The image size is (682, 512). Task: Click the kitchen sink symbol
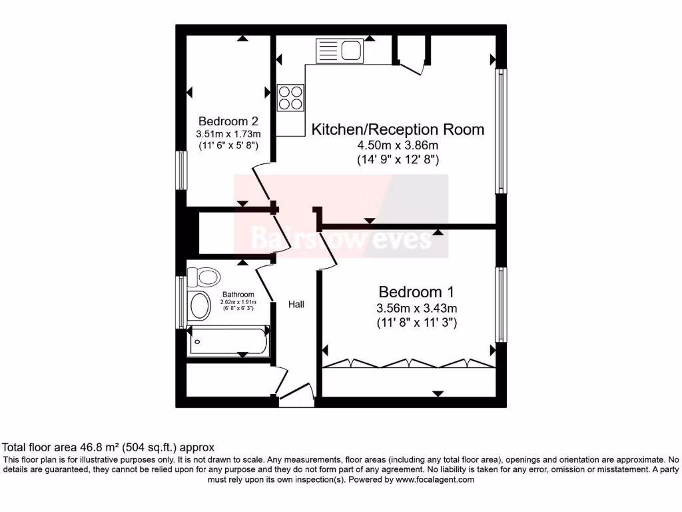[x=338, y=50]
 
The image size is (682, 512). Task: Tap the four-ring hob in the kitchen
[x=290, y=98]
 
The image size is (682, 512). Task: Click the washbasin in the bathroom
[x=200, y=306]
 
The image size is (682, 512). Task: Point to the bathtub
[x=228, y=341]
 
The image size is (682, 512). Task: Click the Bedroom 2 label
[x=228, y=121]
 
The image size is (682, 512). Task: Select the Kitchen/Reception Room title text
[x=398, y=129]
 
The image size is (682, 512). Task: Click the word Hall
[x=296, y=305]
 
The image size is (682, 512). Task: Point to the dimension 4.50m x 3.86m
[x=398, y=146]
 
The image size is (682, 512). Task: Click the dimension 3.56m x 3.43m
[x=416, y=308]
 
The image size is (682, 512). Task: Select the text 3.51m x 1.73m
[x=228, y=134]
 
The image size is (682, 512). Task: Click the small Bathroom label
[x=238, y=295]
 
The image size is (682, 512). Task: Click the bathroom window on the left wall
[x=180, y=302]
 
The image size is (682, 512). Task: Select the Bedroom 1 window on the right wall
[x=500, y=304]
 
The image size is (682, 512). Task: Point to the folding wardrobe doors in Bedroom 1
[x=410, y=364]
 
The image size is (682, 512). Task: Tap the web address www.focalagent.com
[x=434, y=479]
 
